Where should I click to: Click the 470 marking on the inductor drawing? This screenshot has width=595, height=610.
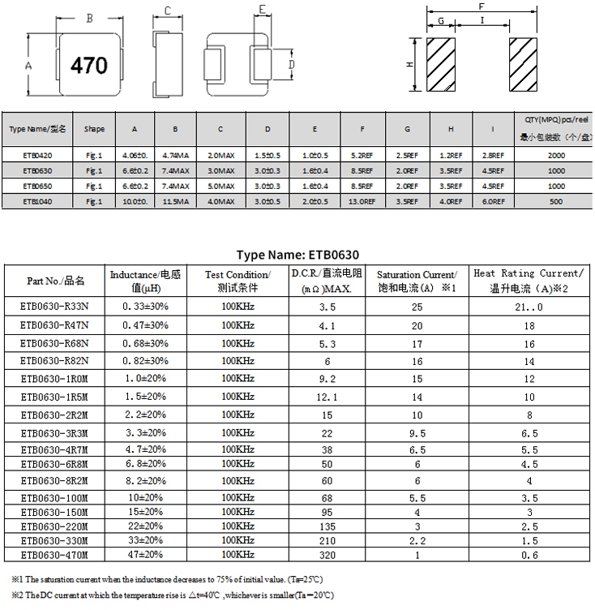tap(89, 65)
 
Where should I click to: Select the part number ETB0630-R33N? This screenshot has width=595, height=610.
tap(54, 307)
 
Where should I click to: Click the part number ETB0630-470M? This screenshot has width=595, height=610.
tap(54, 555)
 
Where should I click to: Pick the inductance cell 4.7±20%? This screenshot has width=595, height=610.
tap(145, 449)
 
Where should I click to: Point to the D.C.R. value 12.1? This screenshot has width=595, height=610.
tap(327, 397)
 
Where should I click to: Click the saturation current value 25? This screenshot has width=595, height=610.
tap(417, 307)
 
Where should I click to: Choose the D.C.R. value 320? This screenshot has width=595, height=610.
tap(327, 555)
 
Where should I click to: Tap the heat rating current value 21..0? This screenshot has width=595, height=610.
tap(528, 307)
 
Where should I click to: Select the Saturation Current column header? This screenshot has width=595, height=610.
tap(417, 281)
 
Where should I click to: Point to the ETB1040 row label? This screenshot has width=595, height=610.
tap(38, 201)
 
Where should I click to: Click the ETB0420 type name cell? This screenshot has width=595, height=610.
tap(38, 154)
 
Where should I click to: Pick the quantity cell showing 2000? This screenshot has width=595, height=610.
tap(556, 154)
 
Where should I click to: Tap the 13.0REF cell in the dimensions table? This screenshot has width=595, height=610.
tap(362, 201)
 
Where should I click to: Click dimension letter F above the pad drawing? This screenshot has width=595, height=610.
tap(481, 6)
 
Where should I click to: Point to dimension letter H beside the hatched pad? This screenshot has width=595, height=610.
tap(410, 65)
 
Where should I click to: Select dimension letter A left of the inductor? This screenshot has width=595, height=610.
tap(28, 65)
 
